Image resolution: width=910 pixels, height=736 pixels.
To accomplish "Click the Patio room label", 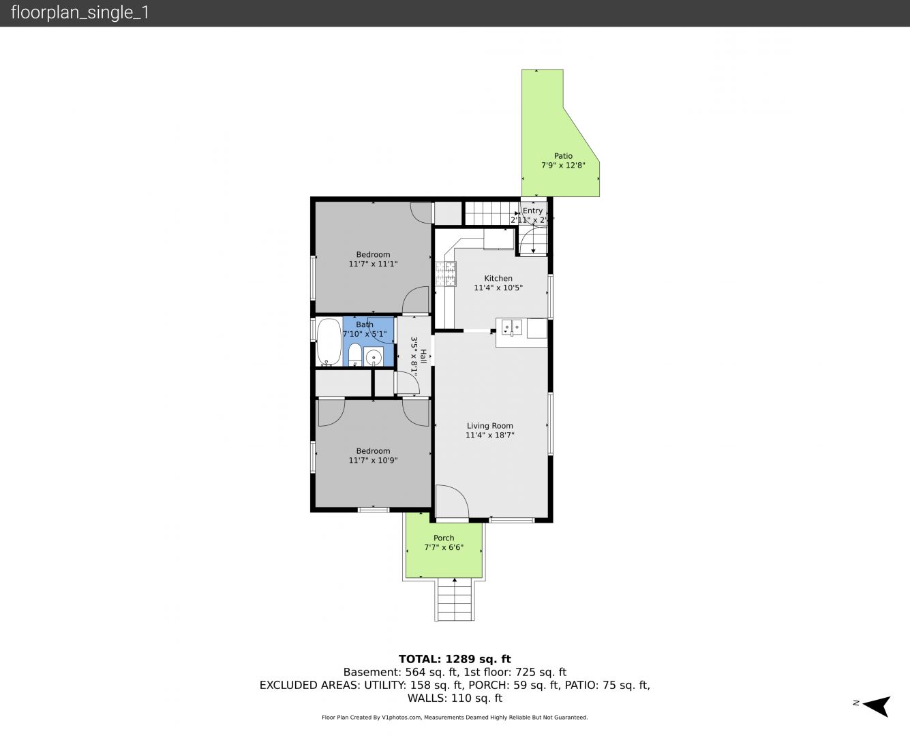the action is (x=563, y=156).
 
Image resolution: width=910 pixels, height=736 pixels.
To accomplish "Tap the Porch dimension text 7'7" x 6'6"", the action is (x=444, y=547).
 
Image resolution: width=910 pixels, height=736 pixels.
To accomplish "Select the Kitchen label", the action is (x=498, y=278).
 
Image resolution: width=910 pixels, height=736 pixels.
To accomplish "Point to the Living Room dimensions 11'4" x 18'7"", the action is (x=489, y=435).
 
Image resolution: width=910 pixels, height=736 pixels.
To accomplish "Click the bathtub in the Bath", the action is (x=329, y=341).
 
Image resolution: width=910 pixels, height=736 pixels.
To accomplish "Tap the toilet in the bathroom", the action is (x=354, y=354).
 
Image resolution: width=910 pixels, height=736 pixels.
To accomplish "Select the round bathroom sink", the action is (x=374, y=356).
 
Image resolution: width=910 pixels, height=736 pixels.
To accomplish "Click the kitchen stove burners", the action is (x=446, y=274).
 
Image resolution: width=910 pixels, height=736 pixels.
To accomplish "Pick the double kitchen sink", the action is (x=511, y=328).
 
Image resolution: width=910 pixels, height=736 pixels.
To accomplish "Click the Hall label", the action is (x=423, y=356).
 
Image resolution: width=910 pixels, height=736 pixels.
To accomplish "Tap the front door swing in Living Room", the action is (x=452, y=502).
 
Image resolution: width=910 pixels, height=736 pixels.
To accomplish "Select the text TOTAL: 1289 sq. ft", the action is (x=455, y=659).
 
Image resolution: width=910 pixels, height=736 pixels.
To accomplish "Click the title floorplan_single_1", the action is (x=80, y=12).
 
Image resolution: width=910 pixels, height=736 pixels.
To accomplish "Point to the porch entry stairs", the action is (x=455, y=599).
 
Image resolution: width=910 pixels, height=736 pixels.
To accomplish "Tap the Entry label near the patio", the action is (x=532, y=211).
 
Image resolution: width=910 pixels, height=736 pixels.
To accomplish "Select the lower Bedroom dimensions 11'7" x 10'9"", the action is (x=373, y=461).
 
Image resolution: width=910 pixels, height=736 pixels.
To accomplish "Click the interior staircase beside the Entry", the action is (x=492, y=213).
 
